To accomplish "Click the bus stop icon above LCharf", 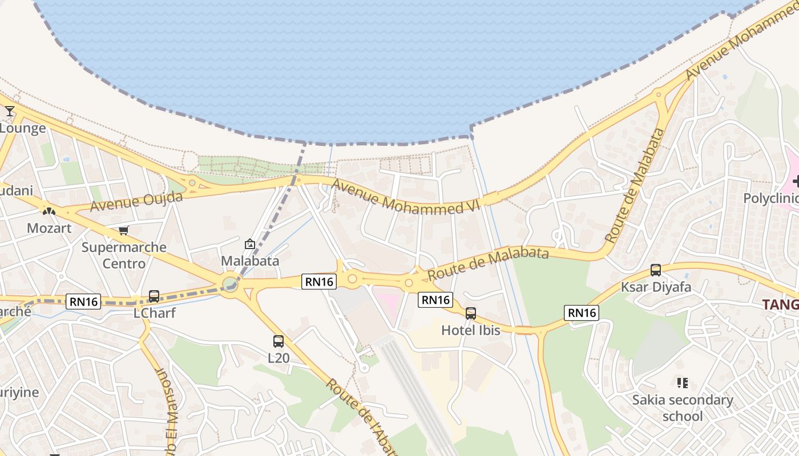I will (154, 296).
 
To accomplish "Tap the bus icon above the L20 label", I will (279, 341).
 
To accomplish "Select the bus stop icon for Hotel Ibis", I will (471, 313).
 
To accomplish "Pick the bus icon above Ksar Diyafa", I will (656, 270).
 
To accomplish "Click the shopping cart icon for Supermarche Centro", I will (124, 230).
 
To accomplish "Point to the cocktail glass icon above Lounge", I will (10, 111).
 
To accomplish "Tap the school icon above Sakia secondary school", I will (682, 382).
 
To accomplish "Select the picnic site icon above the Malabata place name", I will (250, 244).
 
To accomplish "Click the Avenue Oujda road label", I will (136, 201).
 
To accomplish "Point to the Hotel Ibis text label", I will (471, 330).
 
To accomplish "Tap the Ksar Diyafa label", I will (656, 287).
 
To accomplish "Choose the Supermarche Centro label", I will (124, 255).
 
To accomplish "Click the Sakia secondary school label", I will (683, 408).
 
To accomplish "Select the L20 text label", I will (279, 358).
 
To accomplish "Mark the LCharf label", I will (154, 313).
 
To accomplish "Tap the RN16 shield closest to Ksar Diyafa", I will (582, 312).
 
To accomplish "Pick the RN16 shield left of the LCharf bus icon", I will (83, 302).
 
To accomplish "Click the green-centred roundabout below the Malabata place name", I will (230, 283).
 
